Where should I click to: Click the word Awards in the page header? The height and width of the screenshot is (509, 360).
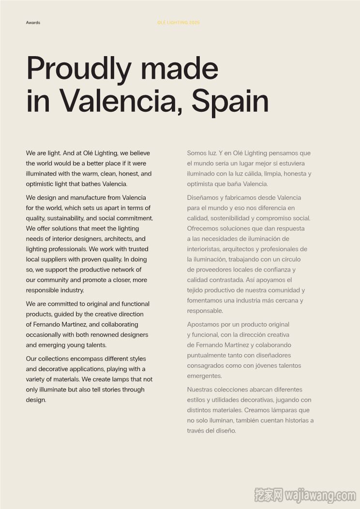click(x=33, y=23)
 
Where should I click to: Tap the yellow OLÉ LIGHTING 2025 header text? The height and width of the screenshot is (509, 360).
click(x=179, y=23)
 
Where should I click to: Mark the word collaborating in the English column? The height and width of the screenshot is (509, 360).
click(x=120, y=325)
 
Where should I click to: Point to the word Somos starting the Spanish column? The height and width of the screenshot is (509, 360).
click(x=197, y=153)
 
